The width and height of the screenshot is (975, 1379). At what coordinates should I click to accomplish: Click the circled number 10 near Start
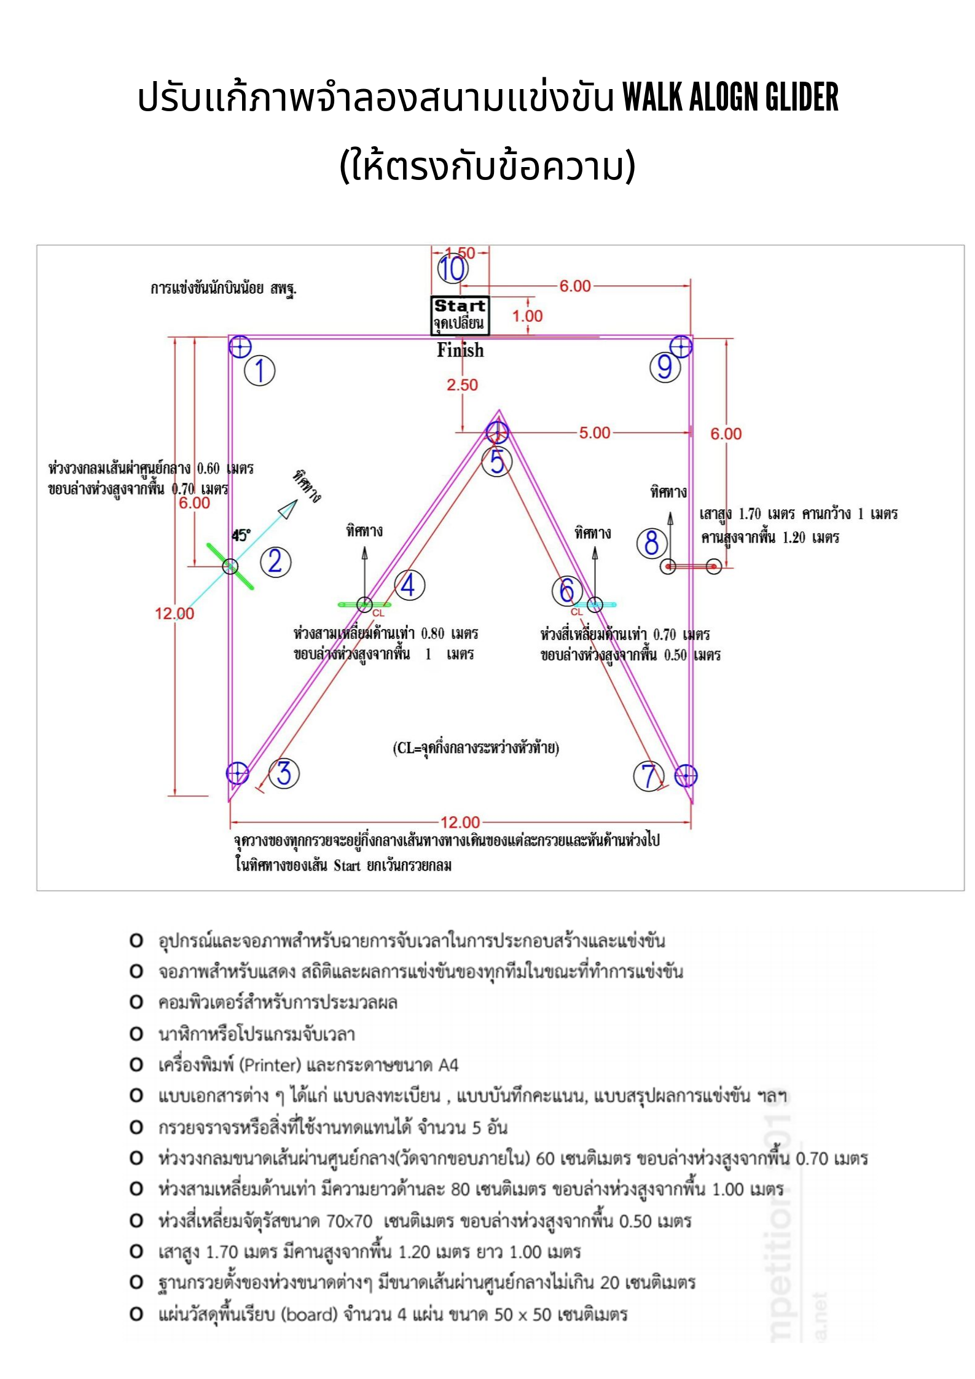click(x=453, y=268)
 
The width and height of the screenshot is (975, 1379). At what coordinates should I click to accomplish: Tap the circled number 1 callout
click(x=259, y=371)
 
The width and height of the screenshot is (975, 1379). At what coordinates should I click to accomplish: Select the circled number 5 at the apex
click(x=496, y=461)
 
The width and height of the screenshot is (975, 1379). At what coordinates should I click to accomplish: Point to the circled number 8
click(x=651, y=543)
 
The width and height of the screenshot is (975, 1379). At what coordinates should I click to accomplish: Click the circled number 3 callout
click(x=284, y=773)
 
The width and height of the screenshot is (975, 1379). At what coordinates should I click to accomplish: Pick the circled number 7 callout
click(x=649, y=776)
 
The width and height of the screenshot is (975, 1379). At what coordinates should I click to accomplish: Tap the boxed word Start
click(x=460, y=305)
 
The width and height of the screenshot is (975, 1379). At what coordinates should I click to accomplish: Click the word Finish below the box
click(x=460, y=350)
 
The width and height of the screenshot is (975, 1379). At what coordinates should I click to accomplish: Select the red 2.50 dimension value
click(x=462, y=385)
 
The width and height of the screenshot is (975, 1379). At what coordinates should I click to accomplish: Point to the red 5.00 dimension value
click(x=595, y=433)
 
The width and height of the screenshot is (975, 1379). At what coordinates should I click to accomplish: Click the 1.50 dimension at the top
click(x=460, y=252)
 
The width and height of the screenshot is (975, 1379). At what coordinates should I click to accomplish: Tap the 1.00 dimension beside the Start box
click(x=527, y=316)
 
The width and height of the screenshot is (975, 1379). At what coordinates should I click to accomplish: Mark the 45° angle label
click(x=241, y=535)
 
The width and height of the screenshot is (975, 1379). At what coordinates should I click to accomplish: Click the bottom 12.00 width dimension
click(x=460, y=822)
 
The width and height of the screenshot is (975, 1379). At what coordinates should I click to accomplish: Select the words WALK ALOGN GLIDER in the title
click(x=730, y=96)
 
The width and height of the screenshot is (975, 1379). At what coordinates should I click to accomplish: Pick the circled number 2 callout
click(x=275, y=561)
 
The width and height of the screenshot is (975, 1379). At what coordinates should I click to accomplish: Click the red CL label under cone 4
click(x=378, y=613)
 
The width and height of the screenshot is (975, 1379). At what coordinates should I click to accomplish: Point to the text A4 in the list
click(x=448, y=1065)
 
